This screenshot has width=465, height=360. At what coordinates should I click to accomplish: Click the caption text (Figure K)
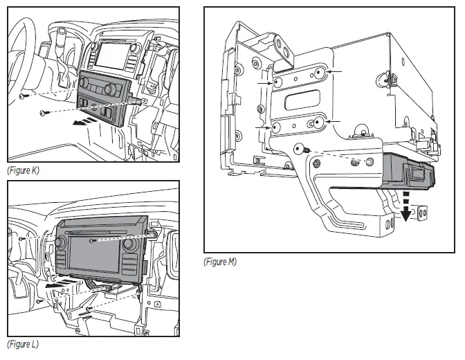[x=23, y=170]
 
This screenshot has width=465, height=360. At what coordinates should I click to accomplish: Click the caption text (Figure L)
[x=23, y=344]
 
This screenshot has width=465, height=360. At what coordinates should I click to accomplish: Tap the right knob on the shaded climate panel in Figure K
[x=109, y=90]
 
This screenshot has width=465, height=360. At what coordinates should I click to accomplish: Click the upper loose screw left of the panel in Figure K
[x=22, y=97]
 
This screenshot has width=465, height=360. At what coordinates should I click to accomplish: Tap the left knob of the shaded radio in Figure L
[x=60, y=244]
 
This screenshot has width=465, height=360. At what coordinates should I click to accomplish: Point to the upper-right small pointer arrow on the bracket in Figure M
[x=336, y=72]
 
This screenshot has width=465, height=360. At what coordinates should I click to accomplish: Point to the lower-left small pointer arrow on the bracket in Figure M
[x=262, y=129]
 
